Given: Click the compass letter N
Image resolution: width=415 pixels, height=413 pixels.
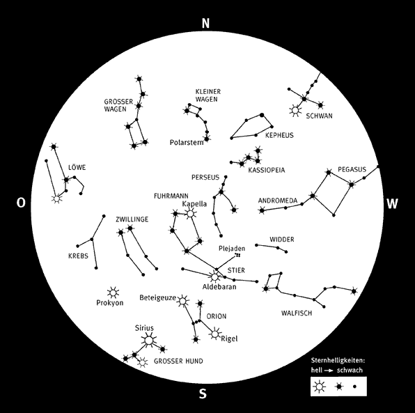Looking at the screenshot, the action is click(205, 23).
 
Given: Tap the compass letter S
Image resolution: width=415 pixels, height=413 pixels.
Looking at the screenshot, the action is click(203, 394).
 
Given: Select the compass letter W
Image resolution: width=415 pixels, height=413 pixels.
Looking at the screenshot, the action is click(392, 204).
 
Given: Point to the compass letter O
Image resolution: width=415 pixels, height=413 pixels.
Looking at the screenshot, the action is click(21, 203).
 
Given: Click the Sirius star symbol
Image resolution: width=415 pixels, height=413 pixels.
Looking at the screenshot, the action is click(149, 341).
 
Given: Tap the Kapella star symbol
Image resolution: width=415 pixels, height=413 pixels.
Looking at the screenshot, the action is click(190, 214).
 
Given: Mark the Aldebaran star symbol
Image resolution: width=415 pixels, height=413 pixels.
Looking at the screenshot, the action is click(214, 277).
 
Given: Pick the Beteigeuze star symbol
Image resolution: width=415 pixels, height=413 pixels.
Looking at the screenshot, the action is click(182, 301).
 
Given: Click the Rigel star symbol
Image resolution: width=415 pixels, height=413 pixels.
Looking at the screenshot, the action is click(215, 334).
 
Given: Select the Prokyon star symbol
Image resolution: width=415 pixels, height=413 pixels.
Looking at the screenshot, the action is click(113, 293).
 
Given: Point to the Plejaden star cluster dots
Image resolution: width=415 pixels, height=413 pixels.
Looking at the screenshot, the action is click(237, 255).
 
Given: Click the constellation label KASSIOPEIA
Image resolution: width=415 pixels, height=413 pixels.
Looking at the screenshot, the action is click(267, 170).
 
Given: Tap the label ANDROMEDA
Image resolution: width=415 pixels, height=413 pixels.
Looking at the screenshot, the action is click(278, 201).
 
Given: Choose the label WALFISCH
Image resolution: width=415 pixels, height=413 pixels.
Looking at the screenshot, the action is click(297, 313).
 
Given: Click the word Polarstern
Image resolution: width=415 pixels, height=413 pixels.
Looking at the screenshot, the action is click(187, 143).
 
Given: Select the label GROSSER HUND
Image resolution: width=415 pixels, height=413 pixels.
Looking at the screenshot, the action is click(178, 361).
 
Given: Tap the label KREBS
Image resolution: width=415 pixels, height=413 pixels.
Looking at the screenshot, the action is click(78, 256).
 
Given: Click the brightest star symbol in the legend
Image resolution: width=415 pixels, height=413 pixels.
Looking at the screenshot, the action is click(320, 387).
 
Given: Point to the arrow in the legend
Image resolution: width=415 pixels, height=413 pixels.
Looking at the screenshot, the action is click(329, 371).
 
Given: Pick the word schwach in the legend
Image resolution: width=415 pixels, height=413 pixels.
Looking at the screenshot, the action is click(350, 370).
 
